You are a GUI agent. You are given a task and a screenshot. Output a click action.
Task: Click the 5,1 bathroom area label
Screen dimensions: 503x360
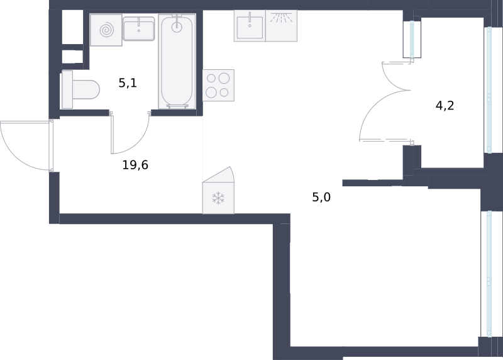[128, 83]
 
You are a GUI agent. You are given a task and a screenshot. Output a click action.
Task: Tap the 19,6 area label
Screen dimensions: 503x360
[135, 165]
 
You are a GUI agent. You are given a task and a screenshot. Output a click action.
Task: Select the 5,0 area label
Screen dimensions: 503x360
[321, 197]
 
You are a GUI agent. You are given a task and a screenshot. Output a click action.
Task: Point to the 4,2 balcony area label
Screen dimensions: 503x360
[445, 105]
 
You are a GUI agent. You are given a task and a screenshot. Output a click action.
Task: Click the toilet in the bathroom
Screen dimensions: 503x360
[80, 89]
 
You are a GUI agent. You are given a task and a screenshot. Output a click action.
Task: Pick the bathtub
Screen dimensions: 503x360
[177, 61]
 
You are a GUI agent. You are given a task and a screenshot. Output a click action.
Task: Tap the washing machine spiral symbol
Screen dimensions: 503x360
[106, 30]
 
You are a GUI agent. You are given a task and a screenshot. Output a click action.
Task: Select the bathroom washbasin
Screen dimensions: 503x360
[139, 28]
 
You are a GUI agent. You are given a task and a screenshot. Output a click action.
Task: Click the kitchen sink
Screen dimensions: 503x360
[250, 26]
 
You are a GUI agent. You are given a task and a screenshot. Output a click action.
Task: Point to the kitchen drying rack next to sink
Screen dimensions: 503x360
[281, 26]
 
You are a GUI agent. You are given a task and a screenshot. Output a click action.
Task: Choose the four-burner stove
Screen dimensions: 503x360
[218, 85]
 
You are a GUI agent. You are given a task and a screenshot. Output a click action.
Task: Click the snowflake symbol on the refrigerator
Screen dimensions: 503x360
[218, 198]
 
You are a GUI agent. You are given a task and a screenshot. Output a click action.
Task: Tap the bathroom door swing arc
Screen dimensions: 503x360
[138, 143]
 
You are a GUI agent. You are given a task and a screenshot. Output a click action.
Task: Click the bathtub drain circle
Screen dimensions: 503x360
[177, 27]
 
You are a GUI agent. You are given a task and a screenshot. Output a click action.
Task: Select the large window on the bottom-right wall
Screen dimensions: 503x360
[489, 274]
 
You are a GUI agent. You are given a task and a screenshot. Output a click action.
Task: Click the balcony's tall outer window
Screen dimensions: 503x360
[489, 90]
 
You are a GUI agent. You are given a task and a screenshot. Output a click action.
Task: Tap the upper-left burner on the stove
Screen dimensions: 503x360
[211, 78]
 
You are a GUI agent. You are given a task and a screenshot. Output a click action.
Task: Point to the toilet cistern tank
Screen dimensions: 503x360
[67, 89]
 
